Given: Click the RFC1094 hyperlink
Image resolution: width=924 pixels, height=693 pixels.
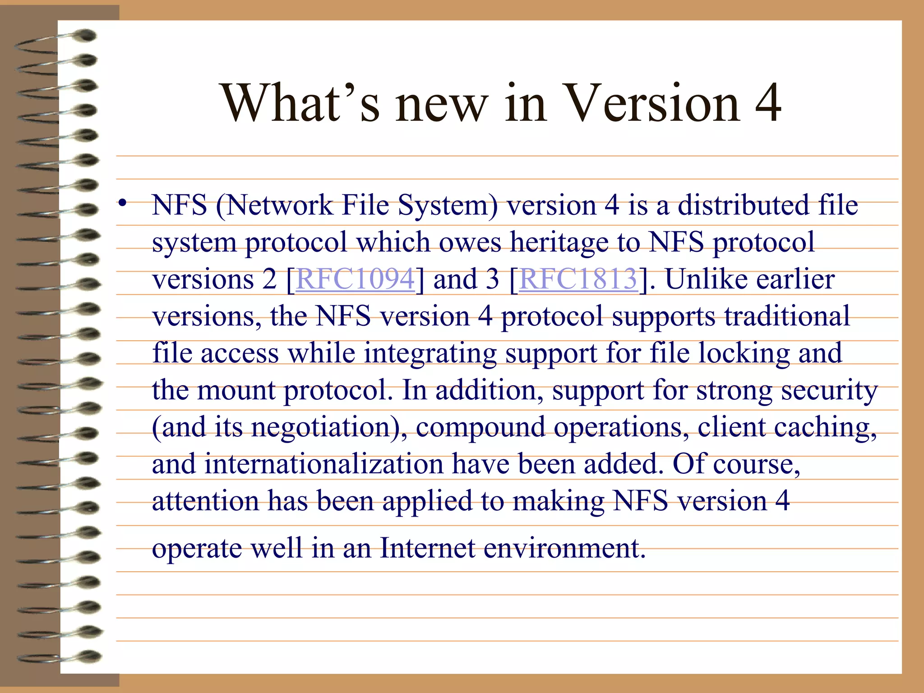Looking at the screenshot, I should [355, 279].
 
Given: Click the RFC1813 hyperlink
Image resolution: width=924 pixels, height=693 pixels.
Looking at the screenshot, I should [578, 279].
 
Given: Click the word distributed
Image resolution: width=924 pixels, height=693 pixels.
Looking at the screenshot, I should [744, 205].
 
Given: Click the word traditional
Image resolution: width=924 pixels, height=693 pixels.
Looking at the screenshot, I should [787, 316].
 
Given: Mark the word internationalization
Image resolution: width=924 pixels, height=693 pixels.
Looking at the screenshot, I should [323, 464].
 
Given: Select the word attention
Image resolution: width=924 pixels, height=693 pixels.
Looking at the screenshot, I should [205, 501].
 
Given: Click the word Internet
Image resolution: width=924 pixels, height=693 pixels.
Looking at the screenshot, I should [427, 548].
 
